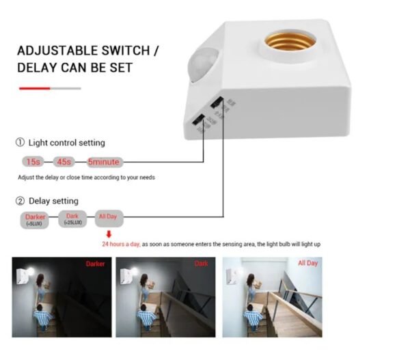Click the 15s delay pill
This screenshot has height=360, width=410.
pos(31,162)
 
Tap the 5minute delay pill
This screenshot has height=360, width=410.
pos(104,162)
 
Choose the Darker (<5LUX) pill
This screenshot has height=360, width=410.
pos(35,219)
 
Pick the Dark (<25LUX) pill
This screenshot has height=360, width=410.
pos(72,219)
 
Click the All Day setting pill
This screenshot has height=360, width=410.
pos(109,217)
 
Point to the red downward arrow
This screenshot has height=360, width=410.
pos(108,234)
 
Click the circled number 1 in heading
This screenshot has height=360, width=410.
pos(20,143)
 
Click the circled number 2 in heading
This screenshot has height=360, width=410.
pos(20,201)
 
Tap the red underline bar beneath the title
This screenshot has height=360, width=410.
pos(34,88)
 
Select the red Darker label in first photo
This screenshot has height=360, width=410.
pos(96,264)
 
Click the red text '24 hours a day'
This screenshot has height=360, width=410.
pos(121,245)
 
